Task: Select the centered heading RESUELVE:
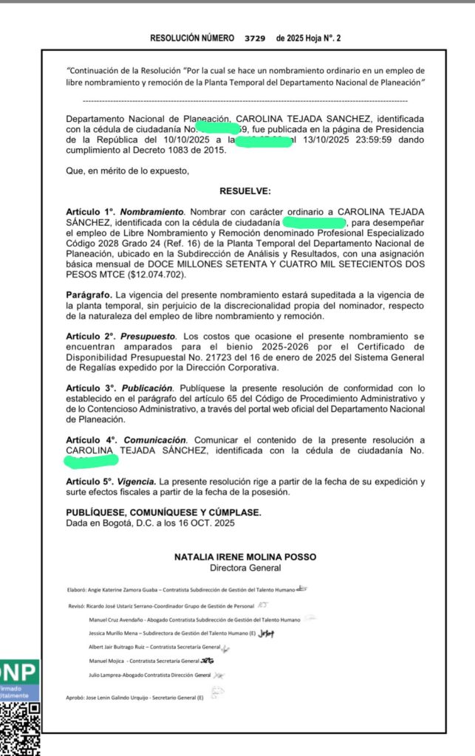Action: (245, 190)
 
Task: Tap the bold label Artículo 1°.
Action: (91, 211)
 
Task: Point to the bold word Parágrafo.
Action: (88, 295)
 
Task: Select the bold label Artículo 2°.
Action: (91, 337)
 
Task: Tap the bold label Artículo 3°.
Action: (91, 388)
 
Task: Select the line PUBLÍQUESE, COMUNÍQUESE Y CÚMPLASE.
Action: (163, 512)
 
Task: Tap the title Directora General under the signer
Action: (245, 568)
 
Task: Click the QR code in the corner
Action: (20, 728)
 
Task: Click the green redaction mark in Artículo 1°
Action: (315, 221)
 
